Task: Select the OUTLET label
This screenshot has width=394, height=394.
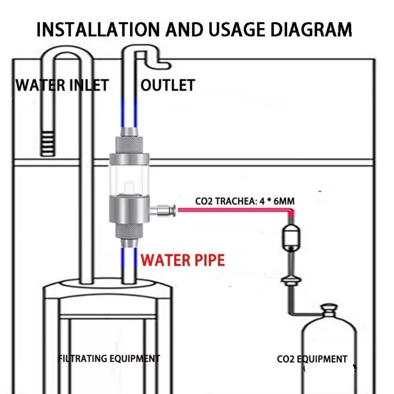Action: point(168,85)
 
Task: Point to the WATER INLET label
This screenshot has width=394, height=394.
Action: point(61,85)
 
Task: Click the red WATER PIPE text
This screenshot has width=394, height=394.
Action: point(183,260)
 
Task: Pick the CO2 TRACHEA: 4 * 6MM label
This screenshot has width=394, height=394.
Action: point(245,201)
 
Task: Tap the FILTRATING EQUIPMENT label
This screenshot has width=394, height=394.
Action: point(109,359)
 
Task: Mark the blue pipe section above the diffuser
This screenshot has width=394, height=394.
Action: point(129,112)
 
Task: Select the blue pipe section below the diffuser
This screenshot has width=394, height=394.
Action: point(129,260)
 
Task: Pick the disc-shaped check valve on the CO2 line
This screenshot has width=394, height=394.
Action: point(290,281)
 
